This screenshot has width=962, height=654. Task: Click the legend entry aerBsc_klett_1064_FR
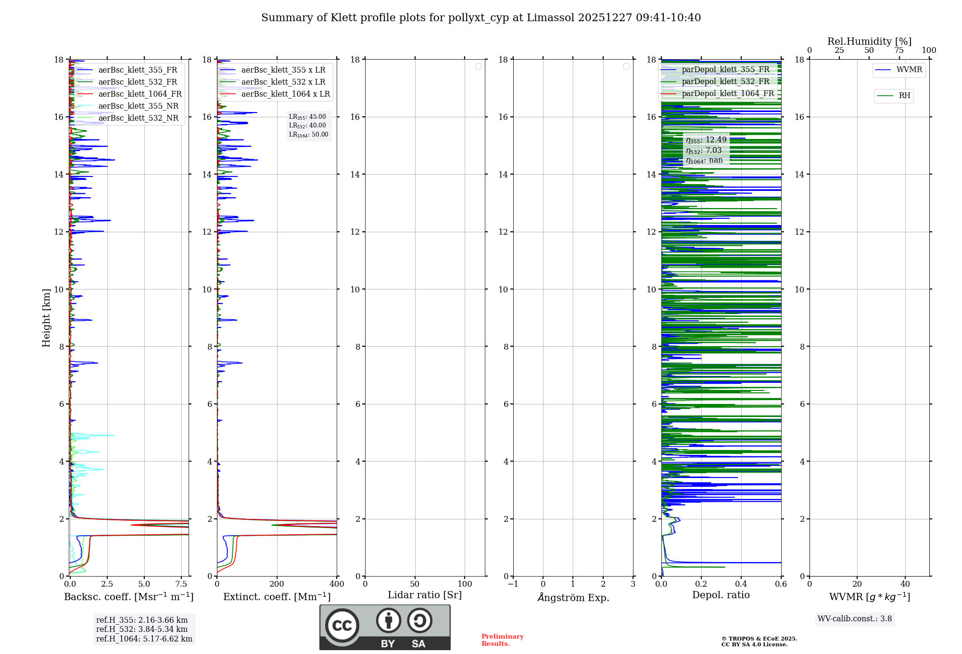(139, 94)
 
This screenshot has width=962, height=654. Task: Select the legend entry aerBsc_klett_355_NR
(138, 106)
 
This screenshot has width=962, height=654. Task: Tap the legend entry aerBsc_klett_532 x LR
(283, 82)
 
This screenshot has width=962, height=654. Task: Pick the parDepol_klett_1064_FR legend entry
(728, 94)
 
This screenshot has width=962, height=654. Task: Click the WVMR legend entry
(909, 70)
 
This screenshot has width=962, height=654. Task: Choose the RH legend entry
(904, 96)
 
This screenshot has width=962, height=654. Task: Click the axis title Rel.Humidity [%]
(869, 41)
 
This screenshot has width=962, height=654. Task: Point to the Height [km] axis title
(46, 318)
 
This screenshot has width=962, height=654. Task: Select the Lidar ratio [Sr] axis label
(425, 595)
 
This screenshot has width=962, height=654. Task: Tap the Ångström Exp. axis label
(573, 598)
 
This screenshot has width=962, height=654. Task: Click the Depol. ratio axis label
(721, 595)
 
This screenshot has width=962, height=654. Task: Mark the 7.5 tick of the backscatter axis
(181, 584)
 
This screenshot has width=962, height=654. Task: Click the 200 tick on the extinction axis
(277, 584)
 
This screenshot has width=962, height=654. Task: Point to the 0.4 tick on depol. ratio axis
(741, 584)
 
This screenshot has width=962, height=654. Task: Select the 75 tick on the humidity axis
(899, 50)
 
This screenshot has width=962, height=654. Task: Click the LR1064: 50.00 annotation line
(308, 135)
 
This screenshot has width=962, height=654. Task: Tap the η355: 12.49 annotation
(706, 140)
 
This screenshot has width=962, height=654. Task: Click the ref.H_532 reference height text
(142, 629)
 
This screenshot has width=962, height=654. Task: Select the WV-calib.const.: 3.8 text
(855, 619)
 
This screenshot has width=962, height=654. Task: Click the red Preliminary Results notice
(502, 640)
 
